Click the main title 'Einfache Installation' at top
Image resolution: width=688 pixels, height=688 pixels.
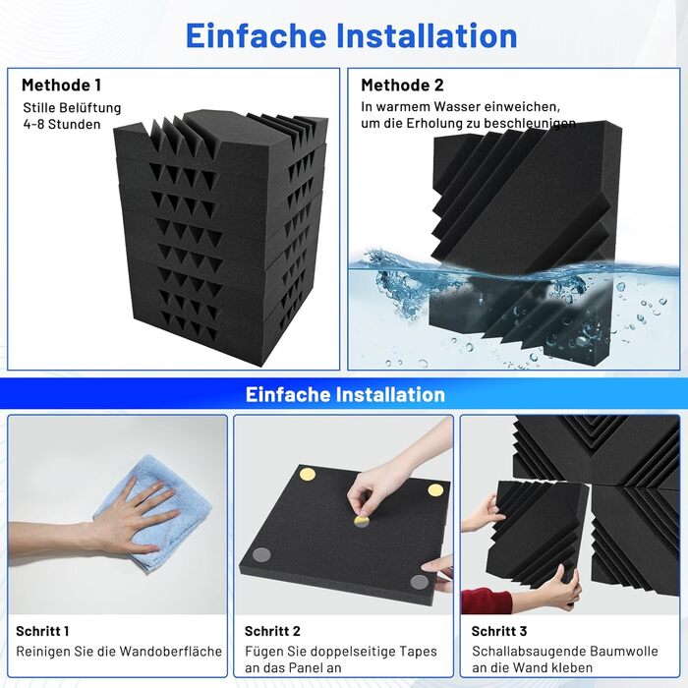(x=352, y=35)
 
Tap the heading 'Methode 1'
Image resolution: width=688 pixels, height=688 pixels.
(x=61, y=86)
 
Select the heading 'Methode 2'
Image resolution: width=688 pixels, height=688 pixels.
(x=402, y=86)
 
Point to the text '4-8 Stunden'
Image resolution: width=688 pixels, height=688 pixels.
(x=62, y=124)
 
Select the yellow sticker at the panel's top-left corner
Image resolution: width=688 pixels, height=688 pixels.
(x=307, y=475)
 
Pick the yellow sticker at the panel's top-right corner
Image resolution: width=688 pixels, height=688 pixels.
(x=435, y=490)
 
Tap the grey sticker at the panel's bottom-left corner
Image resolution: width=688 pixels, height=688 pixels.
(x=261, y=555)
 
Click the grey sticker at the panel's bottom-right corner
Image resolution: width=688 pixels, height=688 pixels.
(x=420, y=583)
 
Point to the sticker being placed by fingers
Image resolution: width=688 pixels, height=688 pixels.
(x=362, y=521)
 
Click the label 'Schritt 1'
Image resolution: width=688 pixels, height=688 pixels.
(x=42, y=631)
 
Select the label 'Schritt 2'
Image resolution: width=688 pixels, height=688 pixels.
(x=272, y=631)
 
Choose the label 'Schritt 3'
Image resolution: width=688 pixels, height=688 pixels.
(x=499, y=631)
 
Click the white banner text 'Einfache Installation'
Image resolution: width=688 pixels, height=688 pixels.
(x=345, y=394)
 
